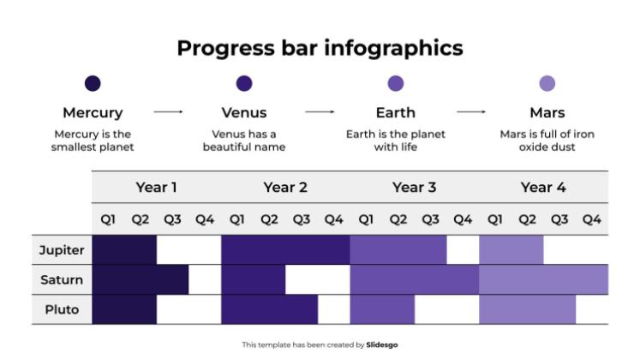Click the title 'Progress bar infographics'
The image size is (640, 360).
click(320, 47)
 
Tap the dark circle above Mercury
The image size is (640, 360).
click(93, 83)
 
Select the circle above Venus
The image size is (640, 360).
click(244, 83)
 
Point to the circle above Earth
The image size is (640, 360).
click(396, 83)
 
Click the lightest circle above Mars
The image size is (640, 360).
click(547, 83)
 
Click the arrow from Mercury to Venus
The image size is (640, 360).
click(168, 112)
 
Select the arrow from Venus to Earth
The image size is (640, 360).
click(320, 112)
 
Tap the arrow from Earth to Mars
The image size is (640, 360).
click(471, 112)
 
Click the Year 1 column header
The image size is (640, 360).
click(157, 188)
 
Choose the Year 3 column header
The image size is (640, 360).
click(415, 188)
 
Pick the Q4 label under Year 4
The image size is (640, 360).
click(592, 219)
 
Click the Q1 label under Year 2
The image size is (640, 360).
click(237, 219)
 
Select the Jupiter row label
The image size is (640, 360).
click(62, 250)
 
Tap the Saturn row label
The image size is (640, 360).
click(62, 280)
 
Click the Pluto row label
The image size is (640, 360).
click(62, 309)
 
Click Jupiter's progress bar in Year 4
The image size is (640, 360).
click(511, 250)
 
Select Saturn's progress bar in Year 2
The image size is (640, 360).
click(253, 280)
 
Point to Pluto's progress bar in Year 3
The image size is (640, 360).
click(382, 309)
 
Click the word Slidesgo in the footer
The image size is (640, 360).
click(382, 345)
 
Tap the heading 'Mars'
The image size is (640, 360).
click(547, 112)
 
